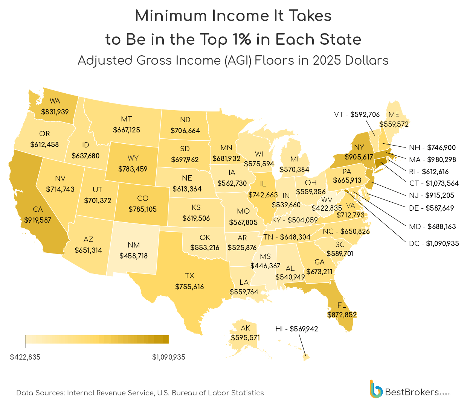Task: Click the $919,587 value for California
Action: coord(37,220)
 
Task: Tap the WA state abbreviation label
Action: coord(55,101)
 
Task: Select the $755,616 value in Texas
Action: coord(189,287)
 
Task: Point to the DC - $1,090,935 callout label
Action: coord(434,243)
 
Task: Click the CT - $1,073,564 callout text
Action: coord(434,183)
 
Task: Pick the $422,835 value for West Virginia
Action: coord(327,208)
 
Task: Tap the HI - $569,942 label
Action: coord(296,329)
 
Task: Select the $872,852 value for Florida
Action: coord(342,314)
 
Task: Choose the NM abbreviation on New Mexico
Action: coord(134,245)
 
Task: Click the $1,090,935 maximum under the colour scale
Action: coord(169,357)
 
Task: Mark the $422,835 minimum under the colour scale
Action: coord(25,357)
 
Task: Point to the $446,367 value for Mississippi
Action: coord(265,266)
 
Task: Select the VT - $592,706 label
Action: coord(357,114)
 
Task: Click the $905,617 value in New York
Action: coord(359,157)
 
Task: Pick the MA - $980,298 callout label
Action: coord(432,159)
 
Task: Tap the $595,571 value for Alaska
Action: coord(245,337)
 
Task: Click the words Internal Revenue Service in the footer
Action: coord(110,393)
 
